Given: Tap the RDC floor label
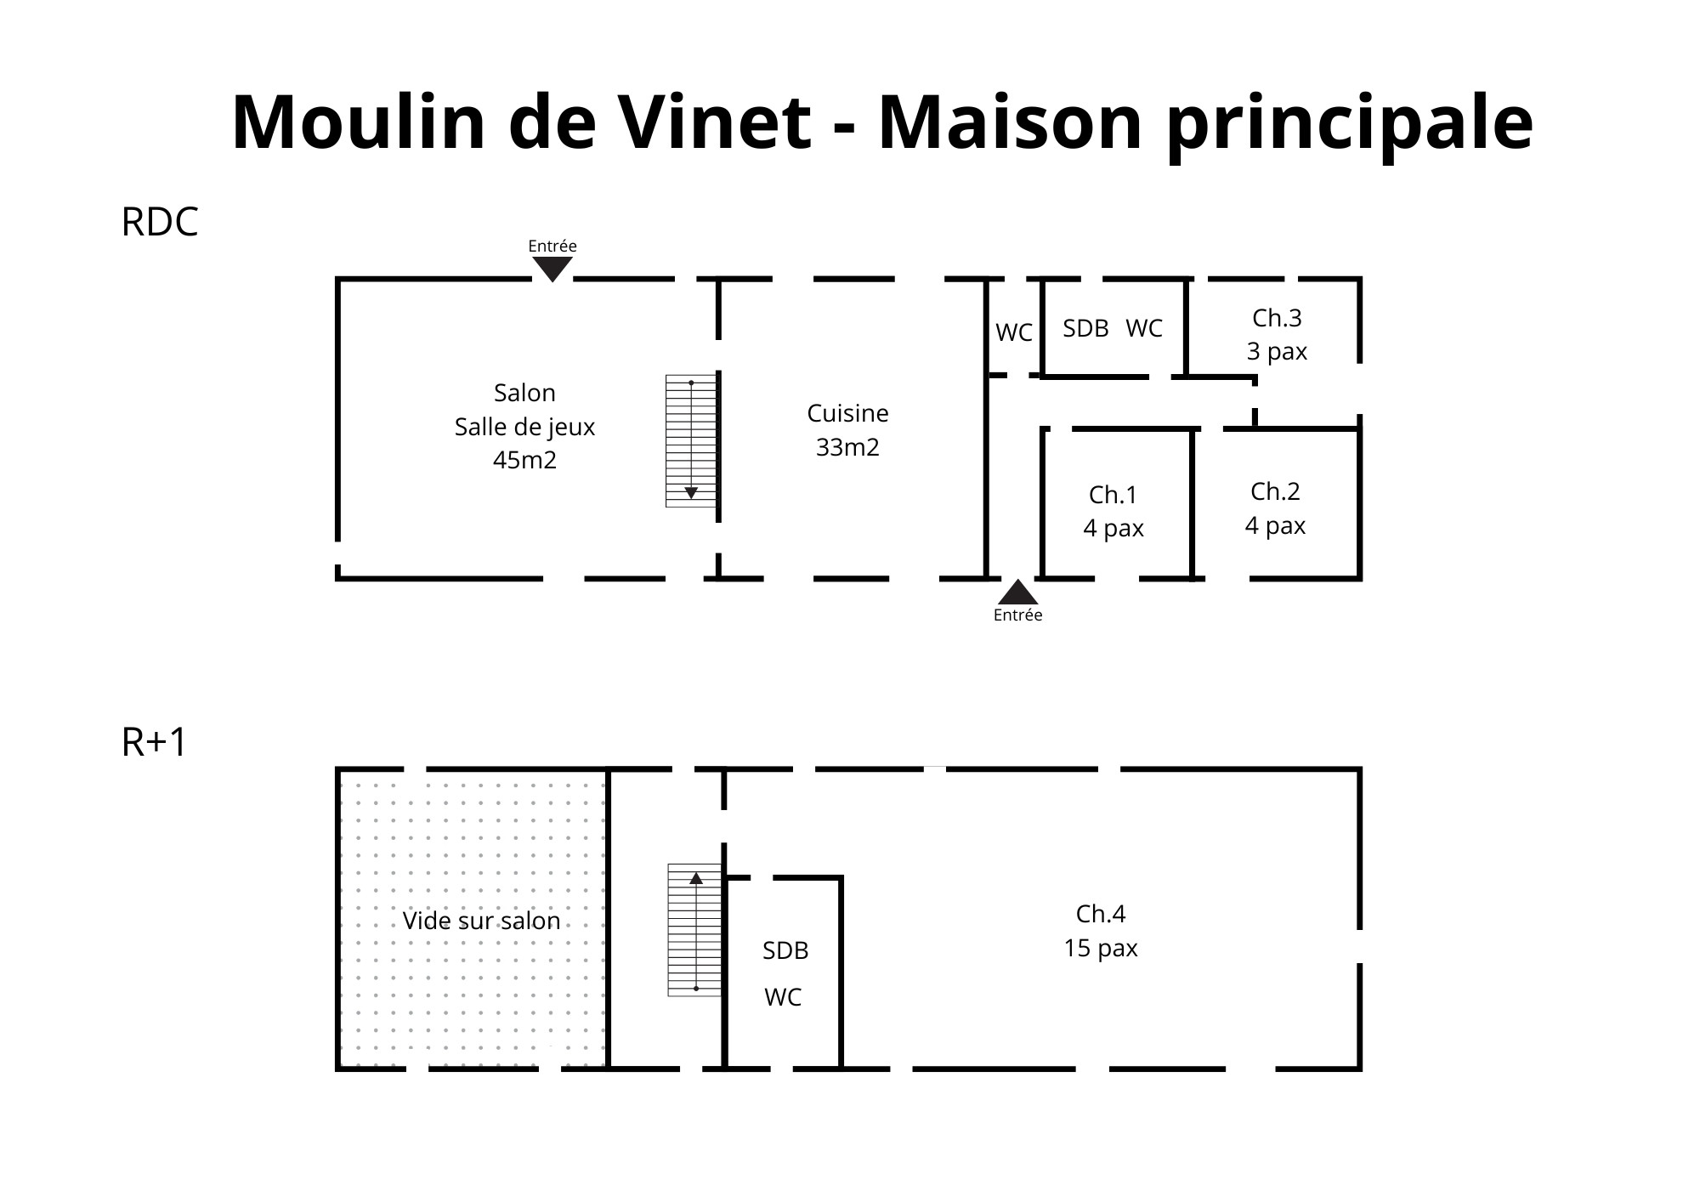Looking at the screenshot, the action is (160, 222).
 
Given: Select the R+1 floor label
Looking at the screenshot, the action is (154, 742).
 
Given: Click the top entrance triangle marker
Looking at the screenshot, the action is (552, 269).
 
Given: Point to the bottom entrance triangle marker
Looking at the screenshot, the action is (1017, 592).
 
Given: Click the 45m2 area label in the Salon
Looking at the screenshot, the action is (524, 460).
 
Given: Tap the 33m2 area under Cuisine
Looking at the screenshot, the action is (847, 447).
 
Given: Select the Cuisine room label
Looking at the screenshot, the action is (847, 413).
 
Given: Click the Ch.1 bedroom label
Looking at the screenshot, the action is (1113, 495).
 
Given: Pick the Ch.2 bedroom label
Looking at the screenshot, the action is (1275, 491).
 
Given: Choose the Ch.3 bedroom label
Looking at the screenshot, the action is (1277, 318).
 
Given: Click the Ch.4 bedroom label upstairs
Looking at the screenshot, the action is (1101, 914).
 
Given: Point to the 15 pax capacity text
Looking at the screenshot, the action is (1101, 948).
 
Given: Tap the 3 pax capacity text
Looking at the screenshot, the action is (1277, 352).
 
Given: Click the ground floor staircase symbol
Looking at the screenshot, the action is (692, 441).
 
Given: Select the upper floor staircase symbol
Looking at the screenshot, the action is (695, 930).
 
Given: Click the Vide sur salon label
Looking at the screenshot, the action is (481, 921).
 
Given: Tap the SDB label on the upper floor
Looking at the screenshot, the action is (785, 950).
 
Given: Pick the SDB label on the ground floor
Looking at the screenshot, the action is (1085, 328).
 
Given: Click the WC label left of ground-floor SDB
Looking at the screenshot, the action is (1014, 332).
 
